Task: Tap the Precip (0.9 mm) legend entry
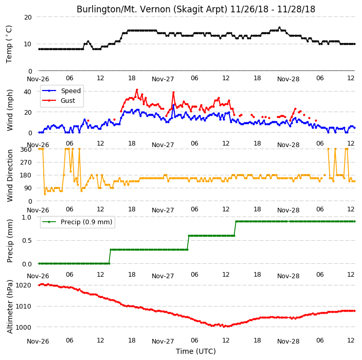click(x=77, y=222)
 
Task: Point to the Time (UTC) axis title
click(x=196, y=351)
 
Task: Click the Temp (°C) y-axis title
click(x=9, y=44)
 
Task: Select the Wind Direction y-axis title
click(x=10, y=175)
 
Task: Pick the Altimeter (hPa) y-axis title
click(x=10, y=307)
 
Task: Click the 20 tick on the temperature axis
click(x=28, y=17)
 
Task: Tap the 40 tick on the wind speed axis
click(x=27, y=92)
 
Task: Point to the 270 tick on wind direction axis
click(x=26, y=163)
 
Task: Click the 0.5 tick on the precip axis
click(x=27, y=241)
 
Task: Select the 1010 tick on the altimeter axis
click(x=23, y=307)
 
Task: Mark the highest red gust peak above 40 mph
click(x=137, y=89)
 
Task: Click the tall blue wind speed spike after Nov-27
click(x=173, y=105)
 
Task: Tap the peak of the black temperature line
click(x=279, y=27)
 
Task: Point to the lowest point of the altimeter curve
click(x=224, y=327)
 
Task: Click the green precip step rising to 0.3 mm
click(x=110, y=257)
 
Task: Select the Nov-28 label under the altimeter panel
click(x=288, y=341)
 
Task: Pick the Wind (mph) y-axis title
click(x=10, y=111)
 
